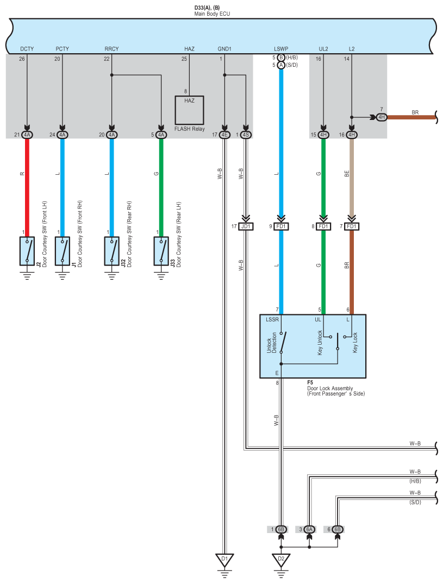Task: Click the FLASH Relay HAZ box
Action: tap(189, 110)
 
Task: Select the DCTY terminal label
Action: tap(27, 49)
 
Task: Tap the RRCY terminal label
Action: tap(111, 49)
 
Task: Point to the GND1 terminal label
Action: tap(224, 49)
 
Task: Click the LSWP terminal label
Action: tap(281, 49)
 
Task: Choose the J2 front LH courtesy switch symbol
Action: tap(27, 251)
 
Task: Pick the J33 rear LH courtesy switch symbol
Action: tap(161, 251)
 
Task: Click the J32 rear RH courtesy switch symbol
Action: tap(111, 251)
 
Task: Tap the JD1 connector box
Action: tap(246, 226)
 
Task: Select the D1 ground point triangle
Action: tap(224, 560)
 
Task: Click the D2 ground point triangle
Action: tap(281, 560)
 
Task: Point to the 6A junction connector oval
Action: tap(309, 529)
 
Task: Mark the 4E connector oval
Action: tap(224, 135)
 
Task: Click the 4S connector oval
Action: tap(246, 135)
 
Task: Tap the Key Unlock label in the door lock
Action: tap(320, 343)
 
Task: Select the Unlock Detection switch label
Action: tap(272, 343)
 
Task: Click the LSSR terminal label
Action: tap(272, 319)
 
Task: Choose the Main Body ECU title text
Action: tap(212, 14)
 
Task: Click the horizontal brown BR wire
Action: tap(411, 117)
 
